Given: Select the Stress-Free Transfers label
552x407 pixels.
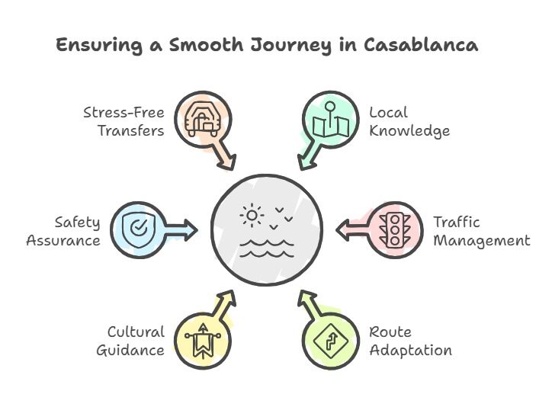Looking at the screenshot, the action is pos(124,121).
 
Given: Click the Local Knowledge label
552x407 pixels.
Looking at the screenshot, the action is pos(409,121).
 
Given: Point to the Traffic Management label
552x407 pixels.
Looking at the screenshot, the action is pos(481,231).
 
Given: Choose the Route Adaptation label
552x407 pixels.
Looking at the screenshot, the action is pos(410,341).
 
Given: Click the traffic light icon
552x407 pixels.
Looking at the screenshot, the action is pos(394,229).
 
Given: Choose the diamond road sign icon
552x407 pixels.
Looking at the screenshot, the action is pos(329,339).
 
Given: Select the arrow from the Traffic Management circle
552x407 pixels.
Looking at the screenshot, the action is pos(351,229).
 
